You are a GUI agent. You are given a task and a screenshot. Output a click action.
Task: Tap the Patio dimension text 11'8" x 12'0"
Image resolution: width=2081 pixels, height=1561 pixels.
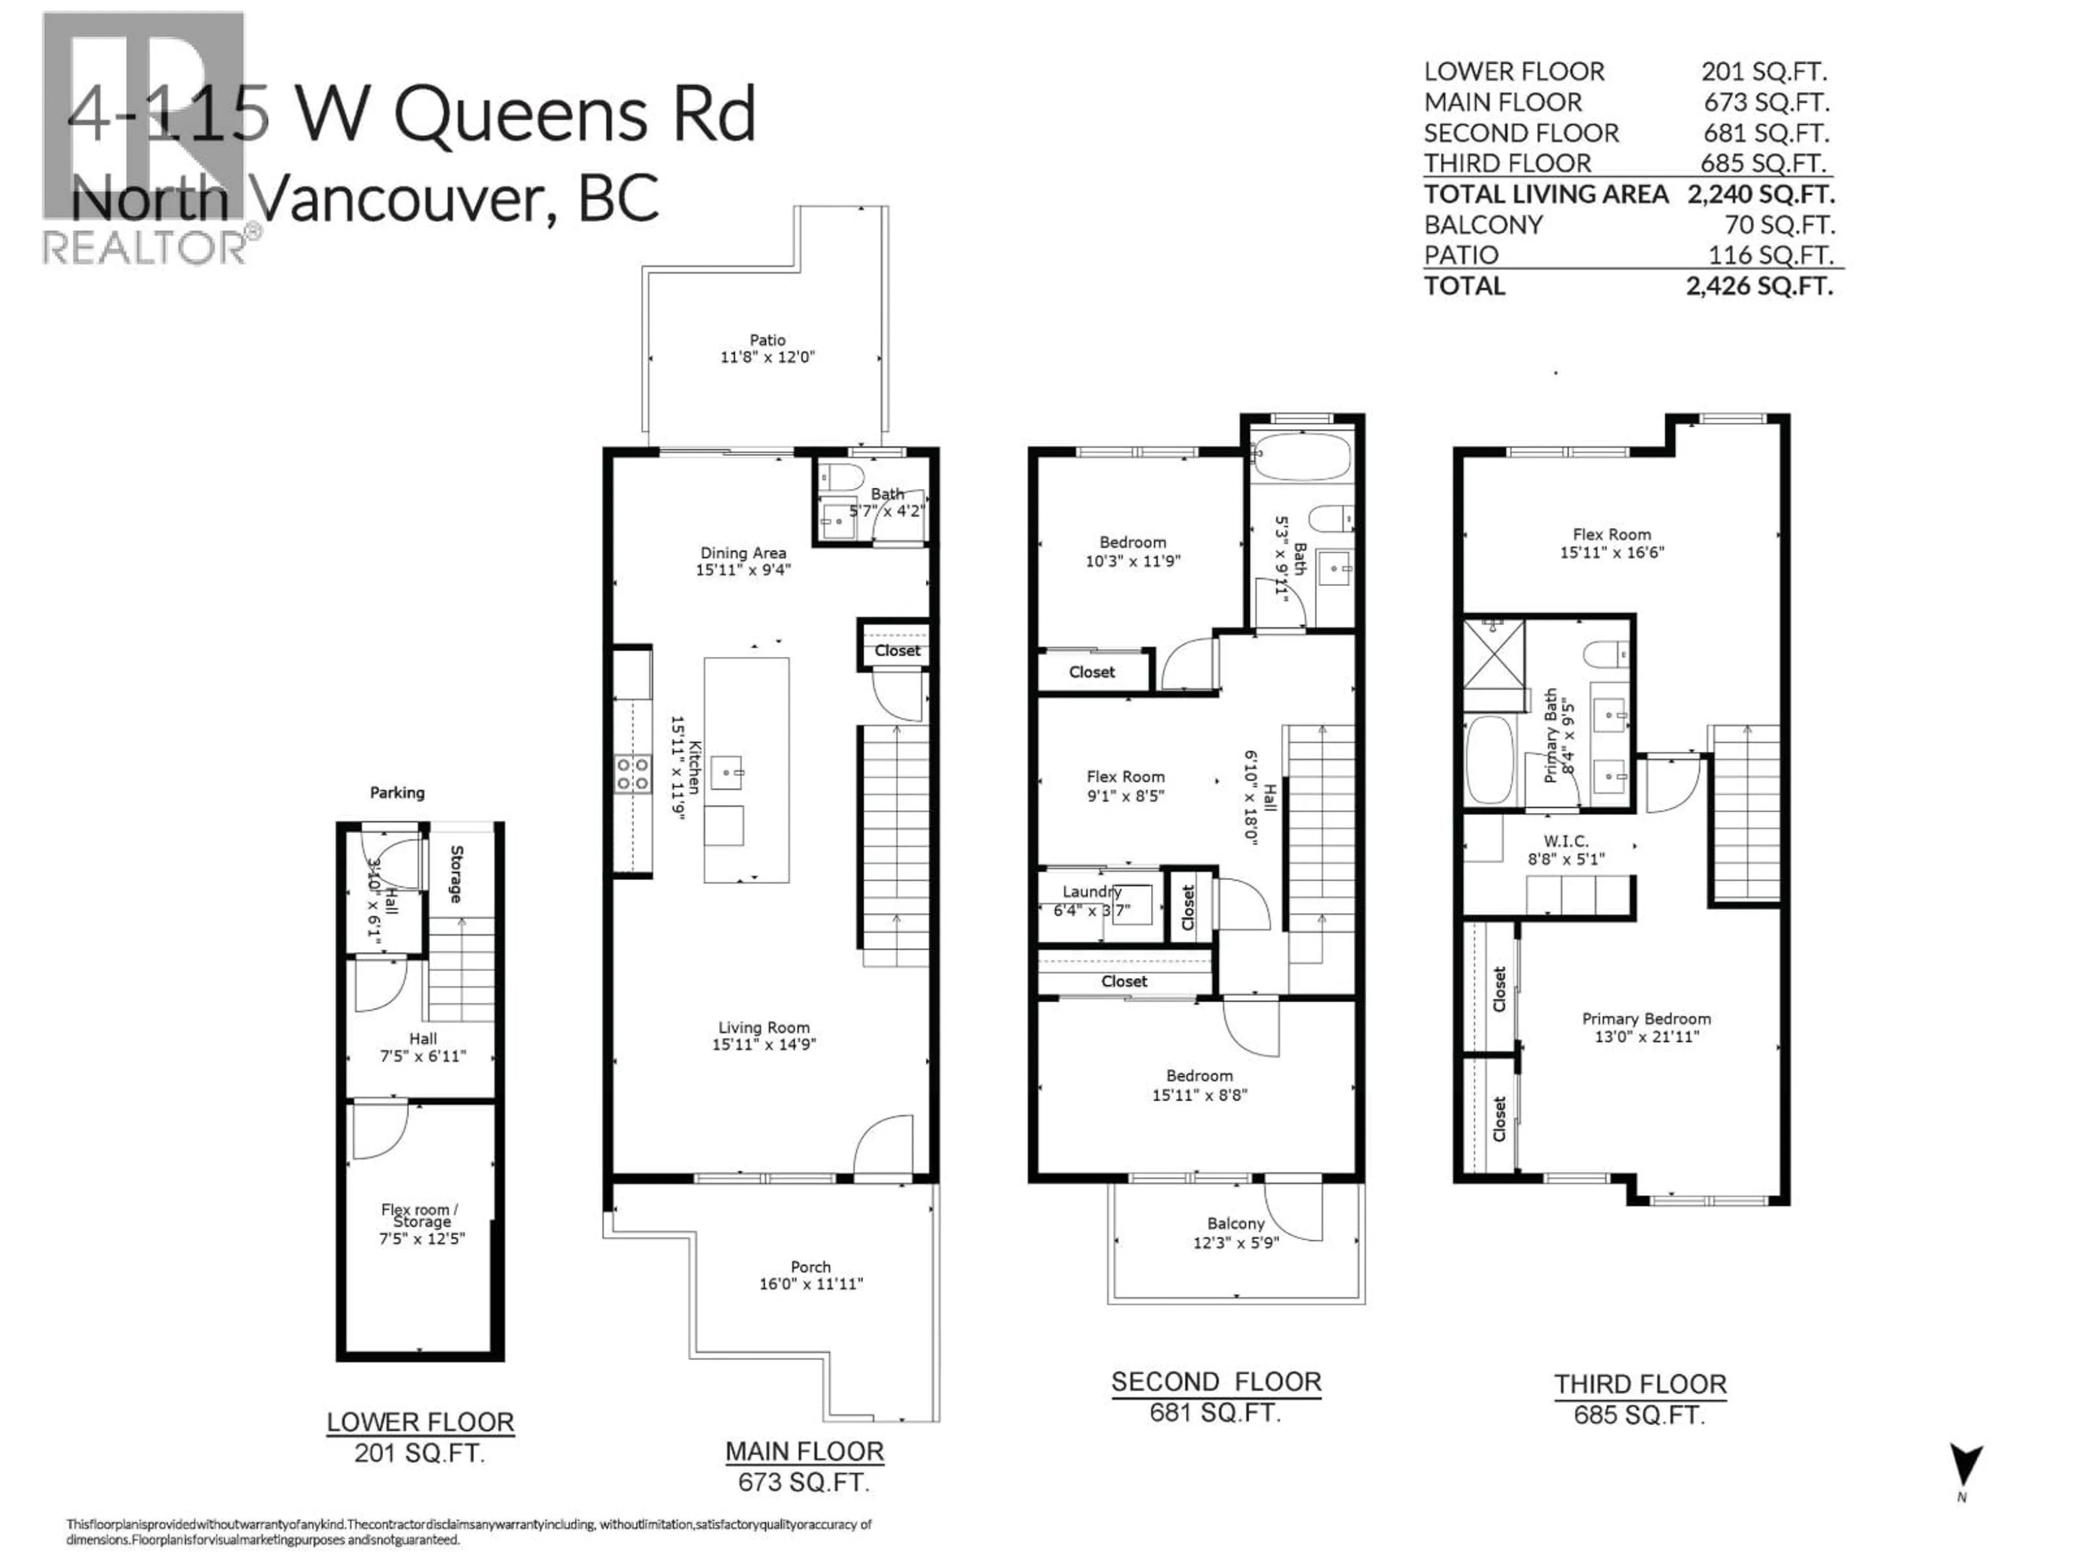pyautogui.click(x=767, y=358)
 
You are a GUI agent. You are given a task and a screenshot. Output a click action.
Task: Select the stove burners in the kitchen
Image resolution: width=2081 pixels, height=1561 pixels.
pyautogui.click(x=632, y=775)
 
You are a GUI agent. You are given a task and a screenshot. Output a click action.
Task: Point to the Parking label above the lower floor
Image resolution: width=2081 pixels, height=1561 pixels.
pyautogui.click(x=397, y=793)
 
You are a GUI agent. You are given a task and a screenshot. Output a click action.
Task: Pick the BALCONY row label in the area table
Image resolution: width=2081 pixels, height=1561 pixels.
pyautogui.click(x=1483, y=225)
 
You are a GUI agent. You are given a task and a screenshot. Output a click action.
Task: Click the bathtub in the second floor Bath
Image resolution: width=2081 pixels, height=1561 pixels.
pyautogui.click(x=1302, y=457)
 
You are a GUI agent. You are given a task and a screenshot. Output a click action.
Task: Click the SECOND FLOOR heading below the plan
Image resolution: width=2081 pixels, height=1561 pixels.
pyautogui.click(x=1216, y=1382)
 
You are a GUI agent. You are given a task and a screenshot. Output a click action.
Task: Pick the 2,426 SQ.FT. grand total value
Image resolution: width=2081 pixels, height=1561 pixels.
pyautogui.click(x=1759, y=286)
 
